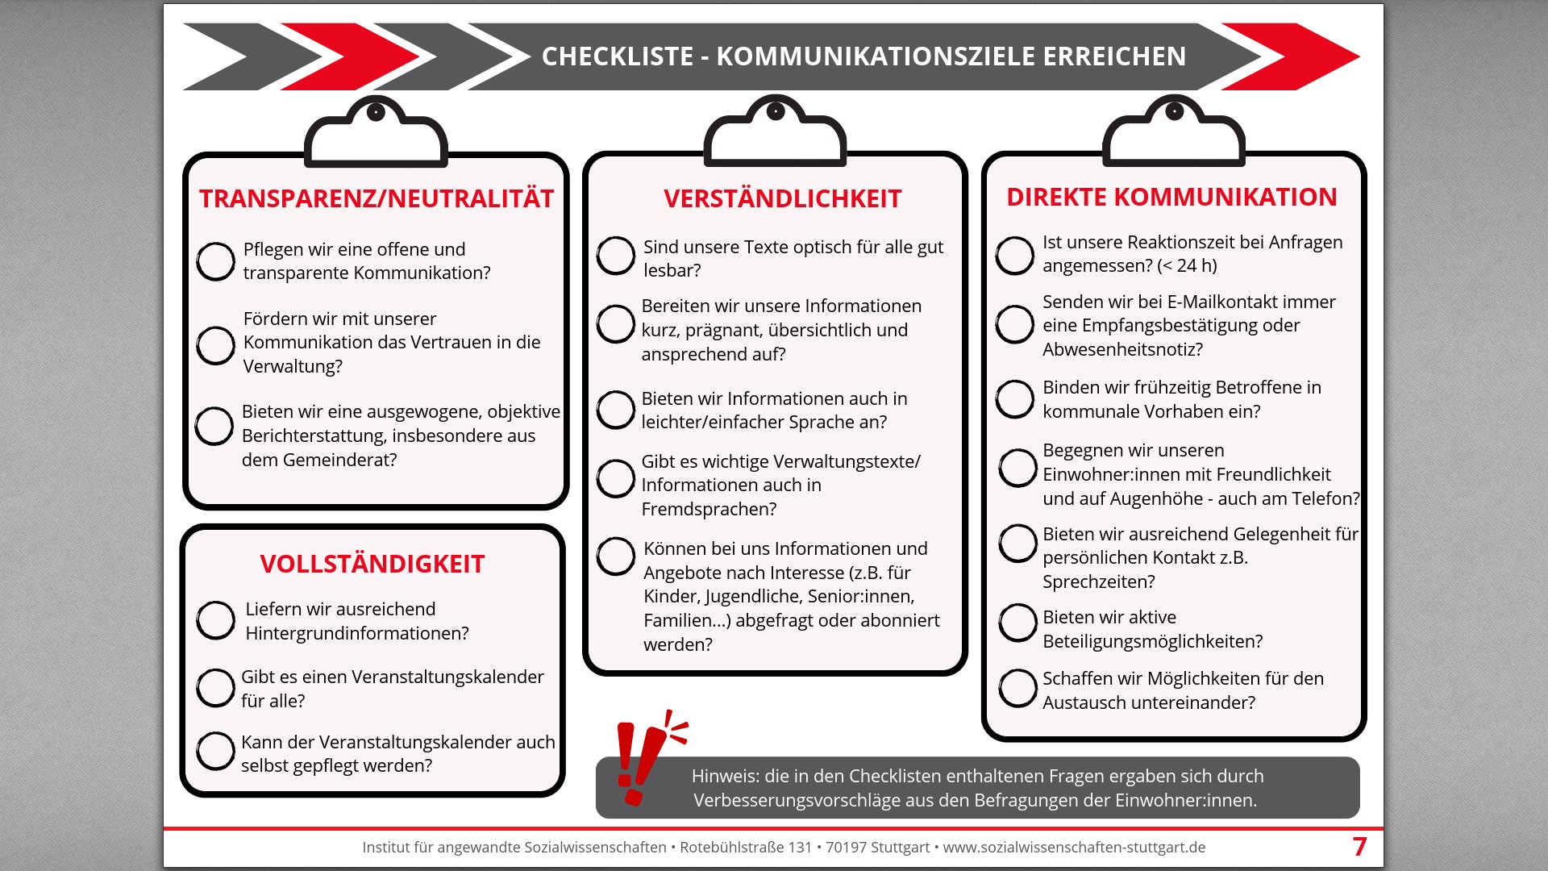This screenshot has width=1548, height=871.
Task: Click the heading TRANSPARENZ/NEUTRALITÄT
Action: click(x=377, y=198)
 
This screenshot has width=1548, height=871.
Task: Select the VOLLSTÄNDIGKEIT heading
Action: click(x=372, y=564)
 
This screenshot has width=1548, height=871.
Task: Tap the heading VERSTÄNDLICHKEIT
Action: click(x=782, y=198)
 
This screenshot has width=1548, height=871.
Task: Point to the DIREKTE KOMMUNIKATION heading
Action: click(x=1171, y=197)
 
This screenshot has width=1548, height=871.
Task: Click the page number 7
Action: click(x=1359, y=847)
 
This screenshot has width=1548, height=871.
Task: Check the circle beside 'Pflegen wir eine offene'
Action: click(x=216, y=261)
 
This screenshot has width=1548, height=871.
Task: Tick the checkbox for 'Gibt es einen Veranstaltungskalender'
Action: click(x=216, y=688)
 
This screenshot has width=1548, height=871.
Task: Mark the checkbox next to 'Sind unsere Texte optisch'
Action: click(x=616, y=256)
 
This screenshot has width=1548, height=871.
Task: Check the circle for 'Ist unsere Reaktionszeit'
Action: click(x=1015, y=256)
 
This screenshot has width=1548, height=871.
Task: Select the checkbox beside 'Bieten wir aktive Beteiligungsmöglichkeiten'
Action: click(x=1017, y=623)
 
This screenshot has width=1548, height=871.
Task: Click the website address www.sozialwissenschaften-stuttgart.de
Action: click(x=1074, y=848)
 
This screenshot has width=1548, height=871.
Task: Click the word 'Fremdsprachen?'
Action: click(x=709, y=509)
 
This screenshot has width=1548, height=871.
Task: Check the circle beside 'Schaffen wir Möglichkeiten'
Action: click(x=1017, y=689)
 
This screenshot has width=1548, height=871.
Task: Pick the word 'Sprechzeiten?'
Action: click(x=1098, y=581)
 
